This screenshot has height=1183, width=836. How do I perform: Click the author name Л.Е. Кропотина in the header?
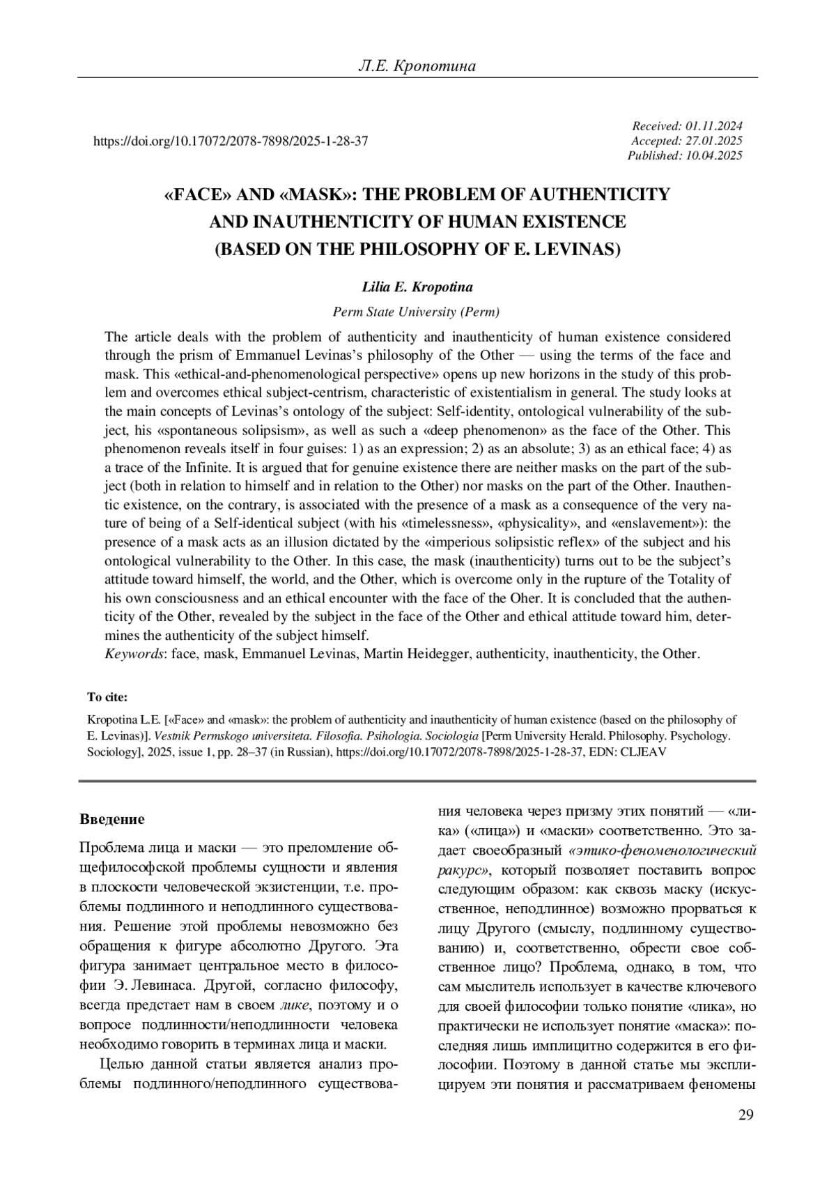click(417, 66)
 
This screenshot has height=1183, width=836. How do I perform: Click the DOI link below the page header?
click(231, 142)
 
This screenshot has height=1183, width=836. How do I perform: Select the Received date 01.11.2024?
click(714, 126)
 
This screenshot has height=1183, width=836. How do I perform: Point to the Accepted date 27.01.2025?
click(714, 141)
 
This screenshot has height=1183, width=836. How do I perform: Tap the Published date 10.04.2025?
click(714, 155)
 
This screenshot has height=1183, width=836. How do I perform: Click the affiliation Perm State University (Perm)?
click(417, 312)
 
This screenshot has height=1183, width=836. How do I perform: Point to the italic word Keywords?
click(135, 654)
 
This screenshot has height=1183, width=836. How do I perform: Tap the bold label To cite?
click(107, 697)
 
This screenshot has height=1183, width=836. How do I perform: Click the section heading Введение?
click(112, 818)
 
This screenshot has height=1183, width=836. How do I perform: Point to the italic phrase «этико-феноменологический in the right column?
click(663, 850)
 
